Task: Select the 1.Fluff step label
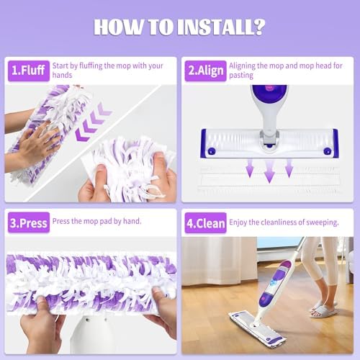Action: pyautogui.click(x=29, y=71)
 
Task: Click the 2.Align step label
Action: pyautogui.click(x=205, y=71)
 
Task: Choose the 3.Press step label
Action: pyautogui.click(x=29, y=222)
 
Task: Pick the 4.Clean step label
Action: pyautogui.click(x=205, y=223)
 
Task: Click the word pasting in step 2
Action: pyautogui.click(x=241, y=76)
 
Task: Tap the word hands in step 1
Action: pyautogui.click(x=62, y=75)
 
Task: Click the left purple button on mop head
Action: pyautogui.click(x=212, y=151)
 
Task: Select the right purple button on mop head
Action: pyautogui.click(x=328, y=151)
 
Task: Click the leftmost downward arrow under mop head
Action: pyautogui.click(x=250, y=168)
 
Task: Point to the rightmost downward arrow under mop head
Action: pyautogui.click(x=289, y=168)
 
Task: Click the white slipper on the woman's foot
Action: pyautogui.click(x=323, y=311)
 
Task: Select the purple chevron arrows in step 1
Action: pyautogui.click(x=92, y=122)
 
